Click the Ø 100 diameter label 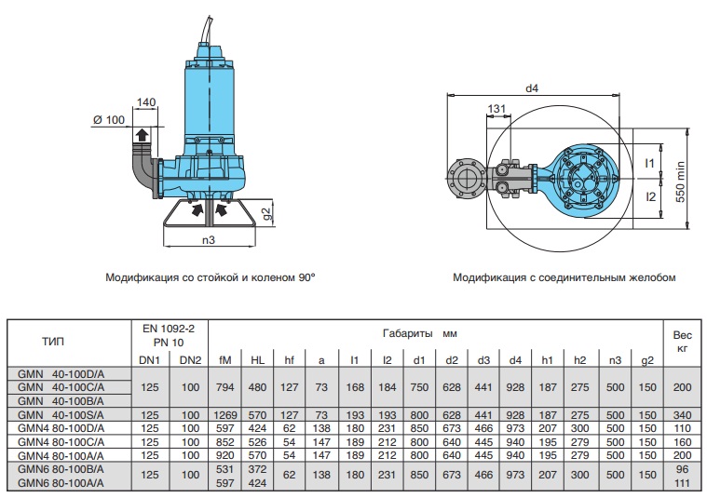point(109,119)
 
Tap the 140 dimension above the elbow point(145,101)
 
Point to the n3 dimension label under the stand point(209,240)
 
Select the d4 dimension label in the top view point(532,88)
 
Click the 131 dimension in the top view point(497,109)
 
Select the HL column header point(258,359)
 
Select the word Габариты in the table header point(407,332)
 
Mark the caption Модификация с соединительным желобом point(564,277)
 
